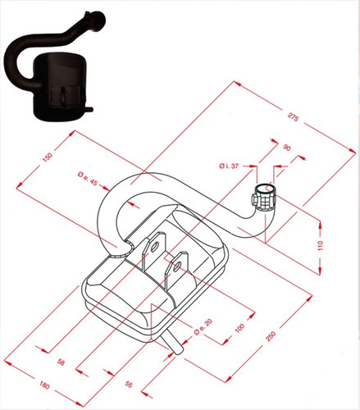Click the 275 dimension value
(293, 117)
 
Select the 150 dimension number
(48, 157)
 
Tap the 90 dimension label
(287, 148)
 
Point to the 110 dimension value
(321, 245)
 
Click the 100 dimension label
(239, 328)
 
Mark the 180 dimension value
(44, 385)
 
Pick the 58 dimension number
(61, 362)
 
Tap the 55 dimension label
(129, 385)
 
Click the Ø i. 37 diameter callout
(229, 166)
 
